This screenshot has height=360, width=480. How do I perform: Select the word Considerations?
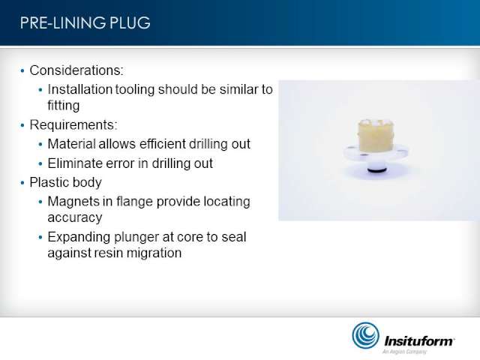point(76,70)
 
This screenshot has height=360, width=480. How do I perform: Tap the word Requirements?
point(73,125)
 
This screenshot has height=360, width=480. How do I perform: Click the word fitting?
point(64,105)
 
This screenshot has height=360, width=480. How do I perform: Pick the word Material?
point(72,144)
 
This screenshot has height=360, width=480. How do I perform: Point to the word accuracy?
point(75,218)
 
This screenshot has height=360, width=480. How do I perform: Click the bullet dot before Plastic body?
point(22,183)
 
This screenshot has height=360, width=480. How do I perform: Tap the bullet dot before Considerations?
point(22,71)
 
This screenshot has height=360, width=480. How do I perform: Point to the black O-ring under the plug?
point(376,170)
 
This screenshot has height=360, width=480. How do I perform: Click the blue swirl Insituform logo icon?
point(365,335)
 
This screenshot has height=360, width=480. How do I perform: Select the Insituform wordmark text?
point(419,340)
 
